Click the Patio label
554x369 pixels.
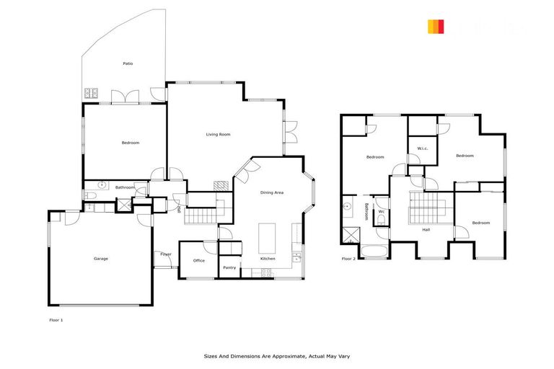(128, 63)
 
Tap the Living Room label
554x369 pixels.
(218, 134)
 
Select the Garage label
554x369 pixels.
(101, 259)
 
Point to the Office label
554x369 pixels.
(199, 261)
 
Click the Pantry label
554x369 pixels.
(229, 267)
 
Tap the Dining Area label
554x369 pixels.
(272, 192)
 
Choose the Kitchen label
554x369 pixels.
(268, 259)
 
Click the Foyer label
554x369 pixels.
(166, 254)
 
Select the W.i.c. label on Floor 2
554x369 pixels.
(423, 149)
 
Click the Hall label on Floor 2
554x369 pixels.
(426, 230)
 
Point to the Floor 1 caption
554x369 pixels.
(56, 319)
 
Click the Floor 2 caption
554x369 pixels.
(349, 258)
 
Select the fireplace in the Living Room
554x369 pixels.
(221, 185)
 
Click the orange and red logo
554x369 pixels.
(436, 27)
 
